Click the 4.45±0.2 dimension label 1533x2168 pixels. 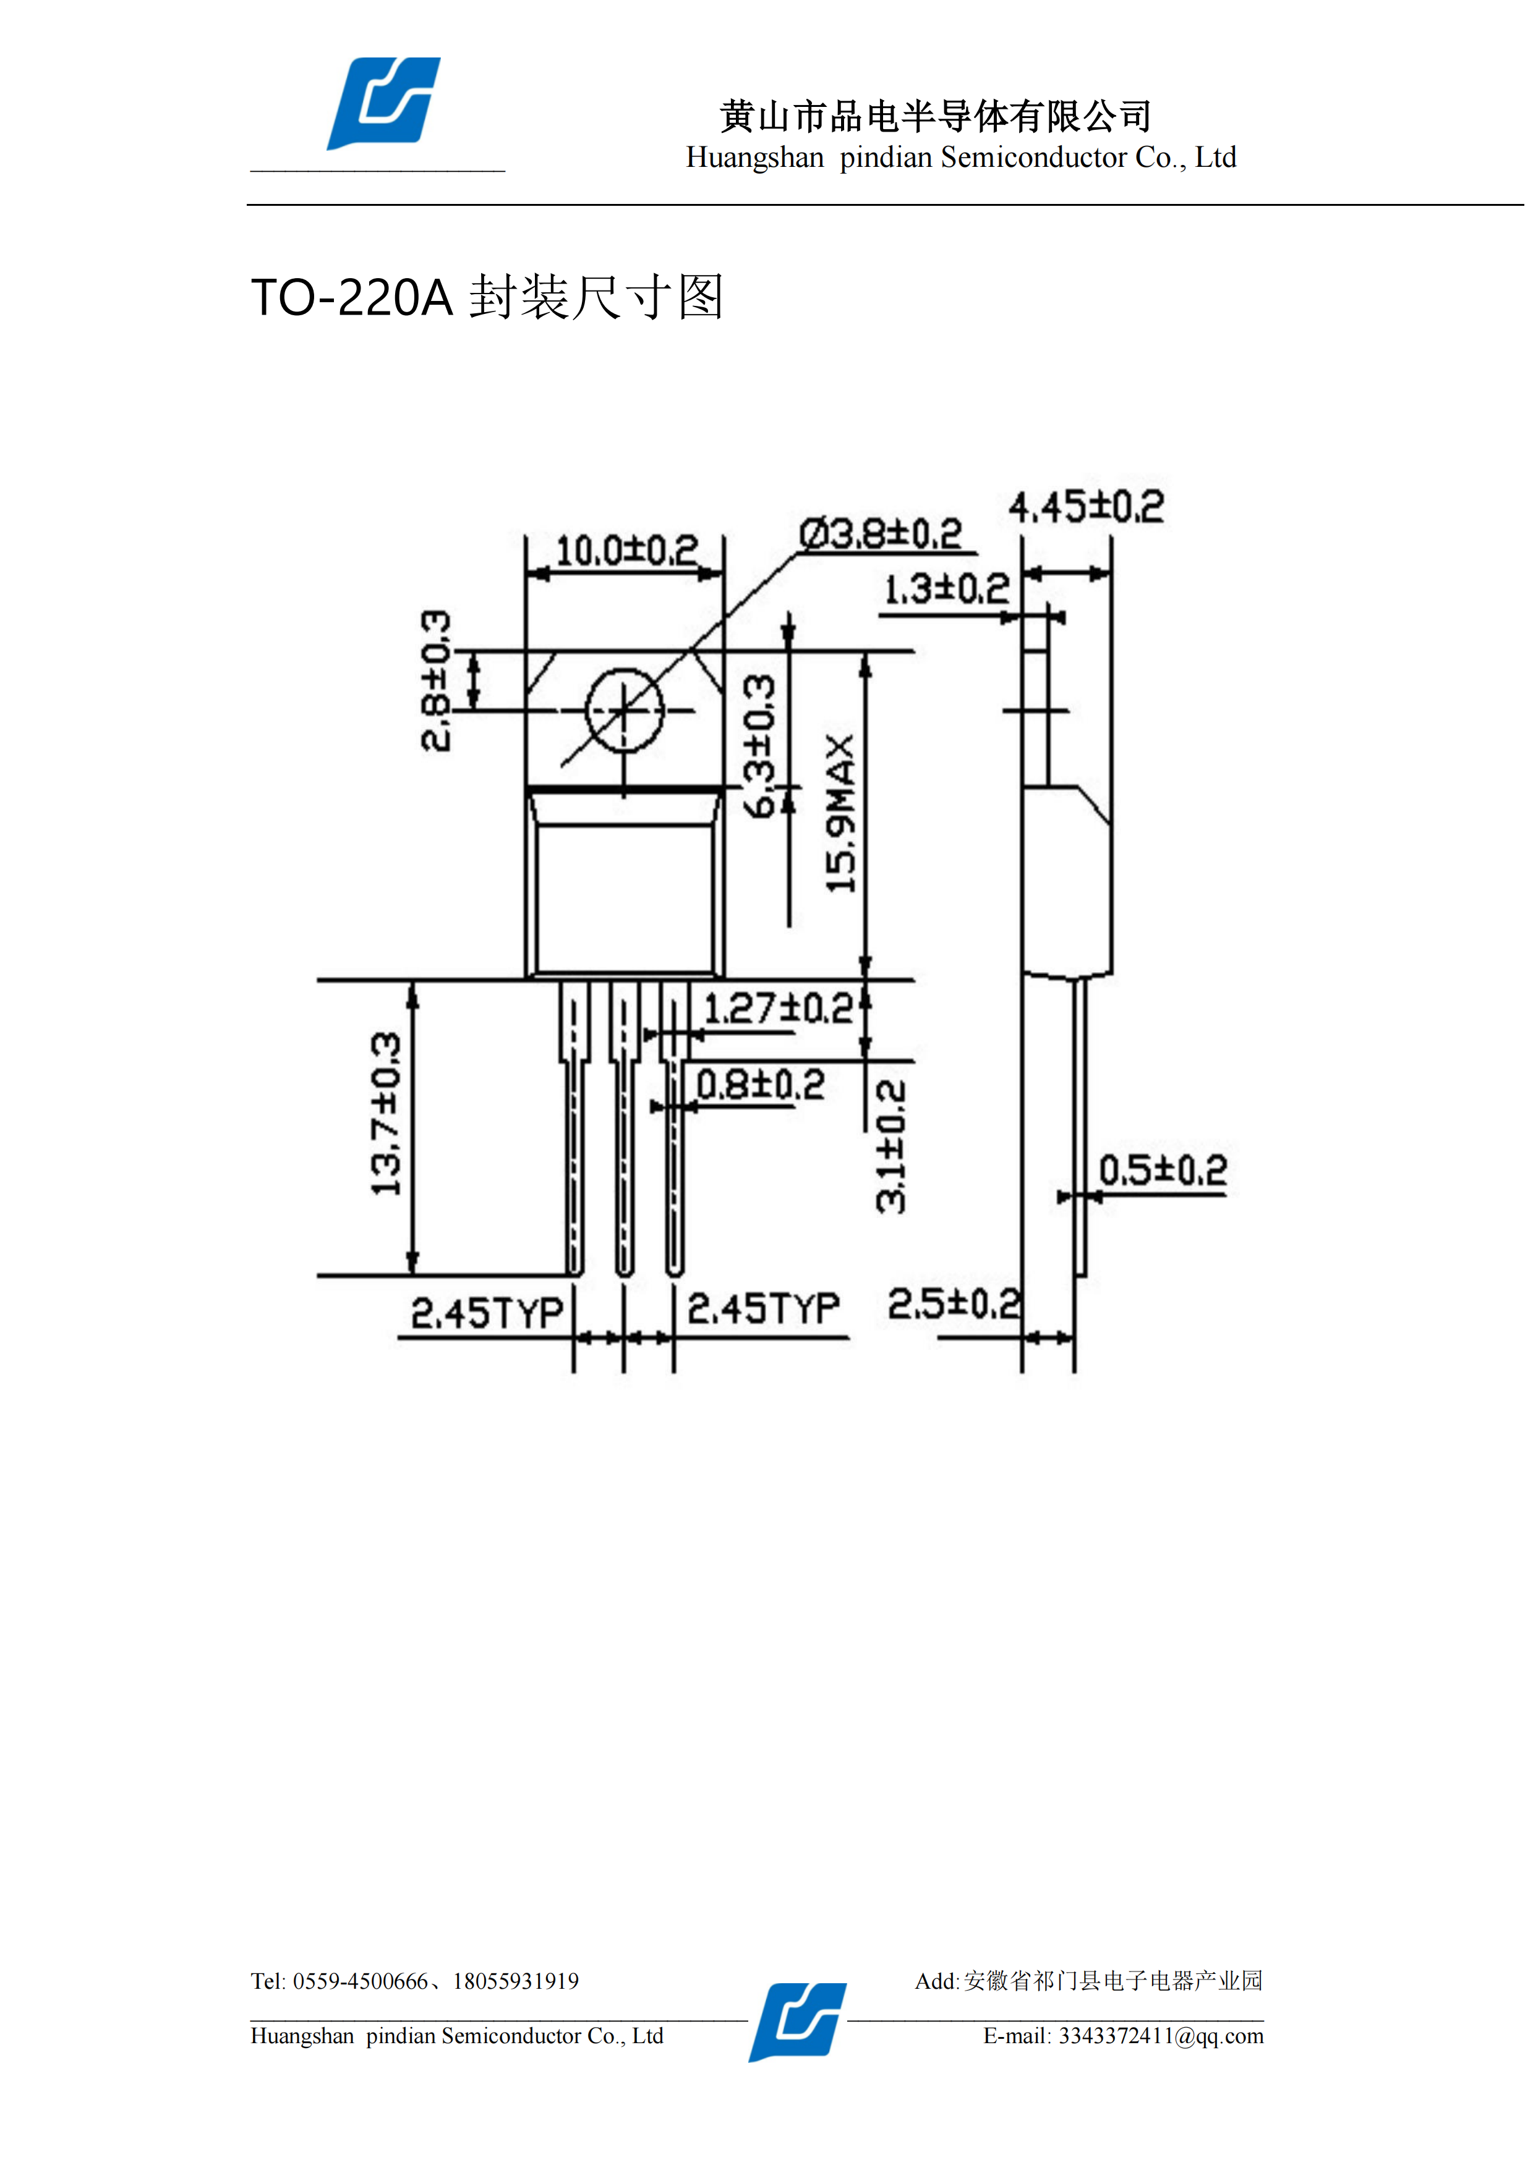(x=1087, y=507)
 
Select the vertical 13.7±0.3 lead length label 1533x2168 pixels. (x=385, y=1114)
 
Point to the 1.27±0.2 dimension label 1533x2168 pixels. (x=779, y=1009)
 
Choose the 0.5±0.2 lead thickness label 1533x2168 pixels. (x=1163, y=1171)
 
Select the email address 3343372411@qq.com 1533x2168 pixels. (x=1161, y=2036)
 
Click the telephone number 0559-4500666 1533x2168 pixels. (x=360, y=1981)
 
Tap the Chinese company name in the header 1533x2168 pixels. (x=935, y=116)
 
